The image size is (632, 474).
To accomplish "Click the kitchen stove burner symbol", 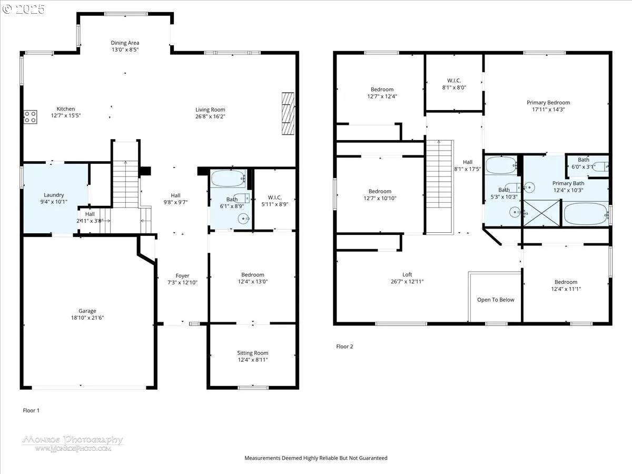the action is click(x=30, y=117).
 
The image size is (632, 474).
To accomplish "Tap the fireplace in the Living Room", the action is click(x=288, y=113).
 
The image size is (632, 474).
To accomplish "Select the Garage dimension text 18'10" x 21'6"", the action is click(x=87, y=318).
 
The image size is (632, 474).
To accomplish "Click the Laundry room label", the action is click(x=54, y=195).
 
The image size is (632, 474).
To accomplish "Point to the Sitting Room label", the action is click(x=252, y=353).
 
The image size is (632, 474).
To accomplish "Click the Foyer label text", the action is click(x=182, y=275).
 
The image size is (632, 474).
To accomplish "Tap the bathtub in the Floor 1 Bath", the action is click(x=228, y=179).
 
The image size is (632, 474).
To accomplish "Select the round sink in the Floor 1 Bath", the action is click(x=243, y=219).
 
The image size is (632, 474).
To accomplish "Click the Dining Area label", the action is click(x=125, y=43).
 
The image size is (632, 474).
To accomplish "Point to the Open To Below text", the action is click(x=496, y=300).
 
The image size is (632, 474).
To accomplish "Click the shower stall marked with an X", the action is click(x=541, y=213).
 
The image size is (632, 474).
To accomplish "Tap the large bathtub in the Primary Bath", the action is click(x=586, y=214).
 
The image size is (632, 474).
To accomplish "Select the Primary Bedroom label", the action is click(x=548, y=103).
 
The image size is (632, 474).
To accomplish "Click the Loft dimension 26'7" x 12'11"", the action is click(x=407, y=281).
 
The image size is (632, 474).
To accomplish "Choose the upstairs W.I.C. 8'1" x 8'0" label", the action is click(x=454, y=84).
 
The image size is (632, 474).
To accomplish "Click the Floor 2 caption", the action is click(x=344, y=347).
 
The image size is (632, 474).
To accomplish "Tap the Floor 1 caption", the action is click(x=31, y=410).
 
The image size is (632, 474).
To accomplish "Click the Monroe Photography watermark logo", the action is click(x=73, y=443).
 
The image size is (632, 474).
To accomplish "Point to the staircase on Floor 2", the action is click(x=439, y=187).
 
